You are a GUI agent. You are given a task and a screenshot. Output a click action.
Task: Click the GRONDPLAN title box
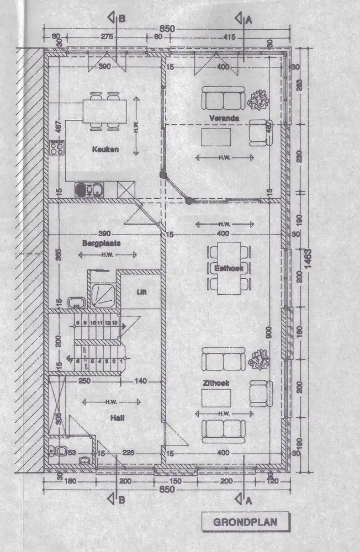[245, 521]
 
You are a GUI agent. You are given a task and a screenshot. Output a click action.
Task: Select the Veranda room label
[224, 119]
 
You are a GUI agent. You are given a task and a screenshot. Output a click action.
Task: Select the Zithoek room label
[219, 382]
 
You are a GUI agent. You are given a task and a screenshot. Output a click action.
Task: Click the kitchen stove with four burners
[56, 147]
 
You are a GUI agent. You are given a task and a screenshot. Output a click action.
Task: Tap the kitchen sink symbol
[88, 190]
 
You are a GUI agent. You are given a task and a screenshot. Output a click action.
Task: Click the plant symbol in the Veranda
[257, 100]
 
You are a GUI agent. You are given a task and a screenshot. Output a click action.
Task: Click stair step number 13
[114, 322]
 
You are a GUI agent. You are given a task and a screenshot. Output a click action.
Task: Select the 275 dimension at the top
[107, 36]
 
